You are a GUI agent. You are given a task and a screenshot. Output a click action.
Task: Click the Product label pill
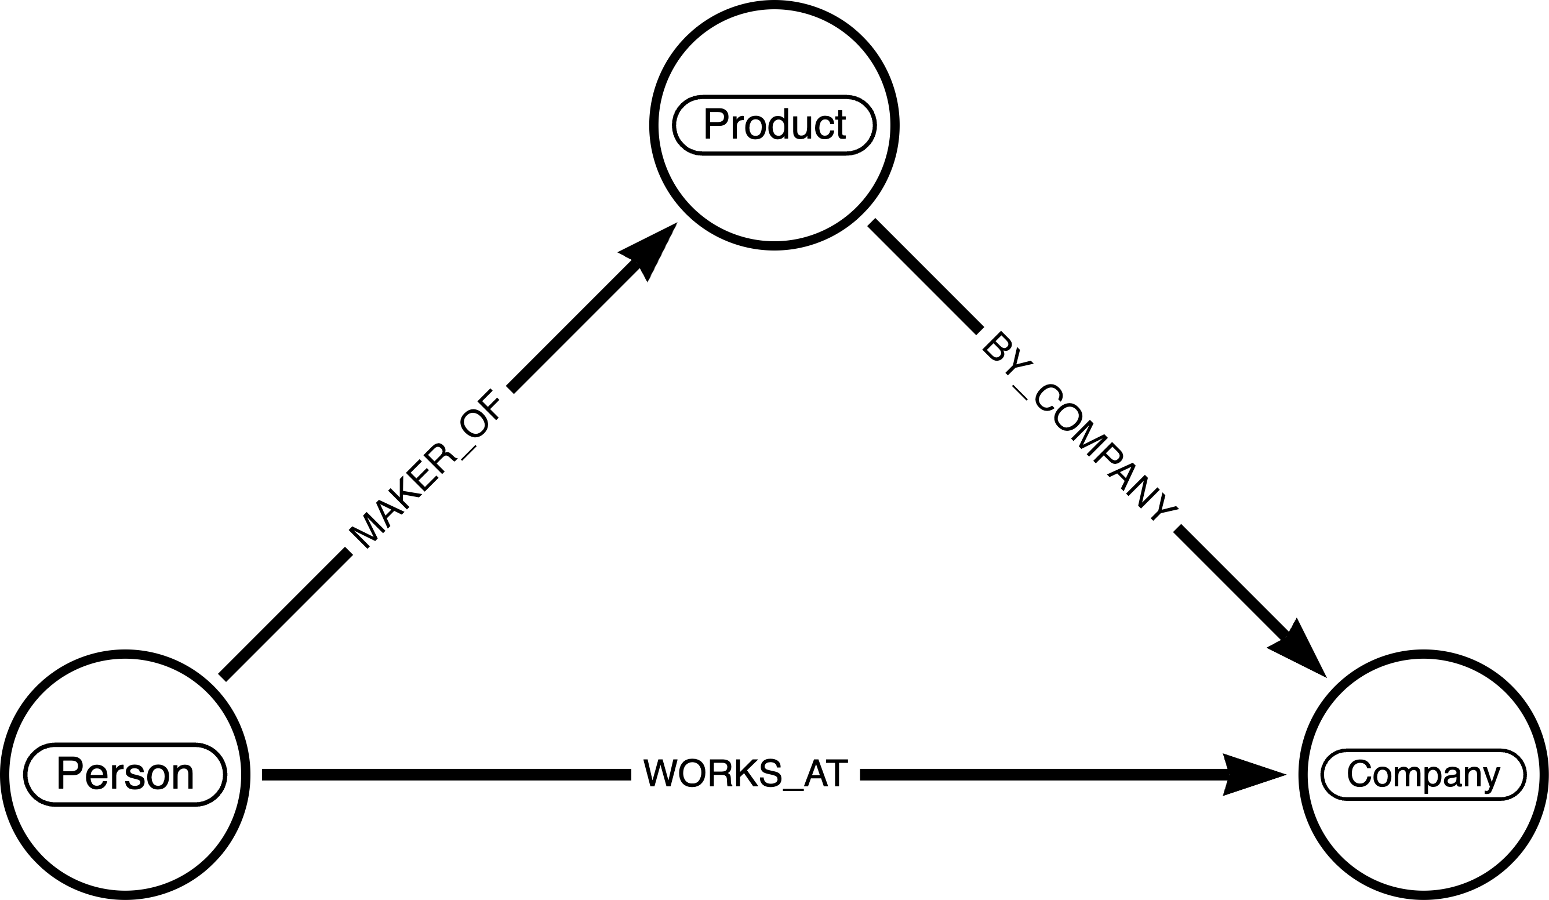(774, 125)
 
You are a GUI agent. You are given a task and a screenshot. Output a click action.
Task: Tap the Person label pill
(125, 774)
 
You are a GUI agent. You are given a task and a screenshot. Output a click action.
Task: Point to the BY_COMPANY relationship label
(1079, 427)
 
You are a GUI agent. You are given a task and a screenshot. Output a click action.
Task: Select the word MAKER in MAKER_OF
(403, 492)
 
